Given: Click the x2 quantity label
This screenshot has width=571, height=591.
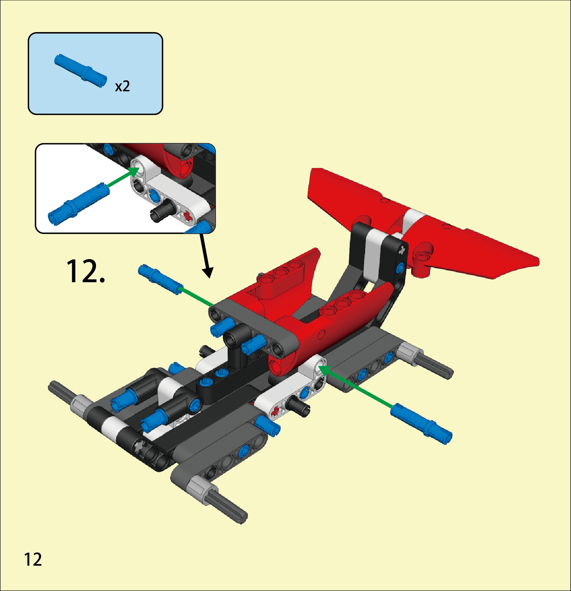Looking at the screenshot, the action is click(x=122, y=86).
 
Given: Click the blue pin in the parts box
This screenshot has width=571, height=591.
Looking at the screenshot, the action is click(x=81, y=71).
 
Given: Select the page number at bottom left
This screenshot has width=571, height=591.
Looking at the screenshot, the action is click(x=33, y=559).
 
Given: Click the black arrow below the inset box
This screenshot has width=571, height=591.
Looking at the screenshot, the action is click(x=206, y=256).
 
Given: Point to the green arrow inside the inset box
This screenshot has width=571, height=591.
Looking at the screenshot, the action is click(x=124, y=177).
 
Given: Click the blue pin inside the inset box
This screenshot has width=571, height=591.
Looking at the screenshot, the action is click(x=79, y=204).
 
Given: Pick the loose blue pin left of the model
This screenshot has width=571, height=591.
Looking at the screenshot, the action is click(x=160, y=279).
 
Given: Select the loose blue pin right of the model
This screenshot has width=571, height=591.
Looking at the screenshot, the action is click(x=421, y=423).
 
